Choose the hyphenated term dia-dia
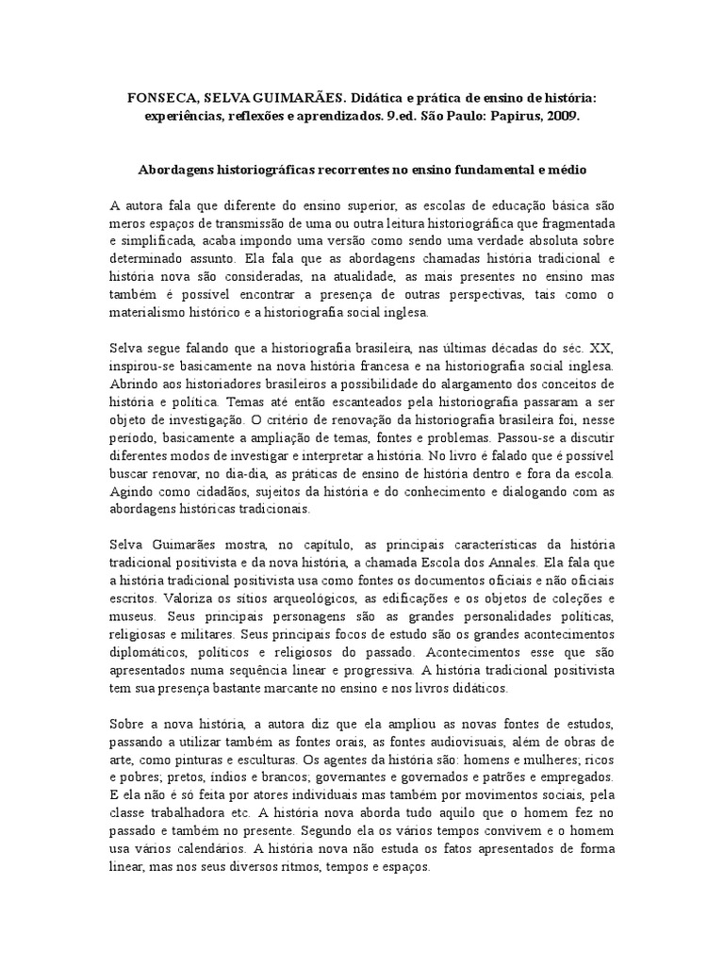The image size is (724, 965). click(x=248, y=473)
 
